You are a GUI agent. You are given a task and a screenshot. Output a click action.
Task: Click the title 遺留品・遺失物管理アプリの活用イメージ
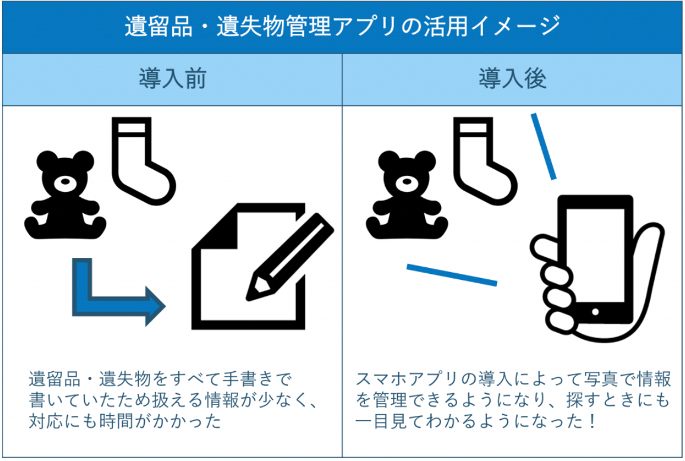click(x=342, y=27)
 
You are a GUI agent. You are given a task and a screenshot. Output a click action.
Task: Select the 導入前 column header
click(x=172, y=80)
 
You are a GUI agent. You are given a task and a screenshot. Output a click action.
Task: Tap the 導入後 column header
click(x=512, y=80)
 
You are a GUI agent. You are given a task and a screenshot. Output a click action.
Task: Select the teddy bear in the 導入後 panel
click(x=407, y=196)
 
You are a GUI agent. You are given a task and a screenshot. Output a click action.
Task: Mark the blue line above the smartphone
click(x=543, y=146)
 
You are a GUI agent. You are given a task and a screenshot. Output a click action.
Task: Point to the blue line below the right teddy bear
click(x=451, y=275)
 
